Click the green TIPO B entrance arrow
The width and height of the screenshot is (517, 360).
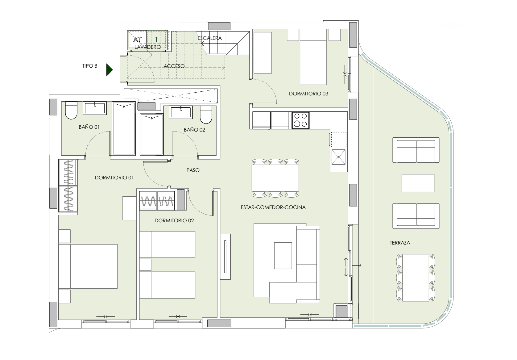[109, 70]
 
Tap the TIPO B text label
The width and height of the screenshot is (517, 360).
[90, 66]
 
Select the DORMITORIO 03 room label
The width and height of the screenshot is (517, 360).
[308, 94]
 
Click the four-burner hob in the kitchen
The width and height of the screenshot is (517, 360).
[300, 120]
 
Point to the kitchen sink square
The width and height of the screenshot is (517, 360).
[338, 157]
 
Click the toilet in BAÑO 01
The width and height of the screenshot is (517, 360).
[71, 111]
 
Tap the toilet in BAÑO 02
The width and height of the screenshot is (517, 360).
[206, 115]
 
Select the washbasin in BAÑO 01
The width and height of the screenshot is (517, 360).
[95, 108]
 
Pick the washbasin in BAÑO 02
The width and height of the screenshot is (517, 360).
[181, 112]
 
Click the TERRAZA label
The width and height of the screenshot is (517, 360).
[400, 243]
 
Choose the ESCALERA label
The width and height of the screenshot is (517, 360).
[209, 38]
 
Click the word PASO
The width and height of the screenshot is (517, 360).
[193, 170]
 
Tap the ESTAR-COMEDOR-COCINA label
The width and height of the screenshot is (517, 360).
[273, 207]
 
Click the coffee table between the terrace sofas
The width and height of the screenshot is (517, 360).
[418, 183]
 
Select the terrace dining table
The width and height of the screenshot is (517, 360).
[416, 278]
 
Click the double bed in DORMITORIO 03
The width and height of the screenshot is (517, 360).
[313, 57]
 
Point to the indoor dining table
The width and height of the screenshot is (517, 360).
[275, 178]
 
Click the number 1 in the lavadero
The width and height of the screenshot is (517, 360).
[156, 40]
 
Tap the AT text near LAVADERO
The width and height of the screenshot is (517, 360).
[137, 40]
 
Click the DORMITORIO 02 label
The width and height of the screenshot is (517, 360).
[174, 221]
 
